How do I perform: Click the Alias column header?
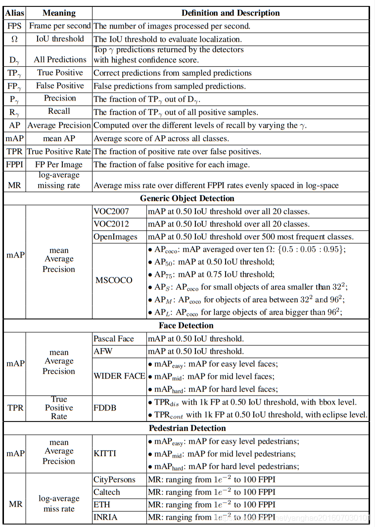[x=14, y=13]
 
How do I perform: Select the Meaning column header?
[x=59, y=13]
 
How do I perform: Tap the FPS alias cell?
[x=14, y=26]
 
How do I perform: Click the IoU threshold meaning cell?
[x=59, y=39]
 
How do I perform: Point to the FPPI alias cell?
[x=14, y=164]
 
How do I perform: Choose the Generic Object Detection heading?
[x=187, y=198]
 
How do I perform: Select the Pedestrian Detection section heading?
[x=187, y=428]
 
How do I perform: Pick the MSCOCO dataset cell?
[x=114, y=280]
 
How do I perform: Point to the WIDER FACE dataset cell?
[x=119, y=376]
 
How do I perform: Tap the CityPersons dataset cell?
[x=114, y=479]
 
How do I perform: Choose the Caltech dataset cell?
[x=106, y=492]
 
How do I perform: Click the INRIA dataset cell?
[x=105, y=518]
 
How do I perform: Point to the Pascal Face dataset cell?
[x=113, y=339]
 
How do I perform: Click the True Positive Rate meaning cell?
[x=59, y=152]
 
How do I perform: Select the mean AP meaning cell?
[x=59, y=139]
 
